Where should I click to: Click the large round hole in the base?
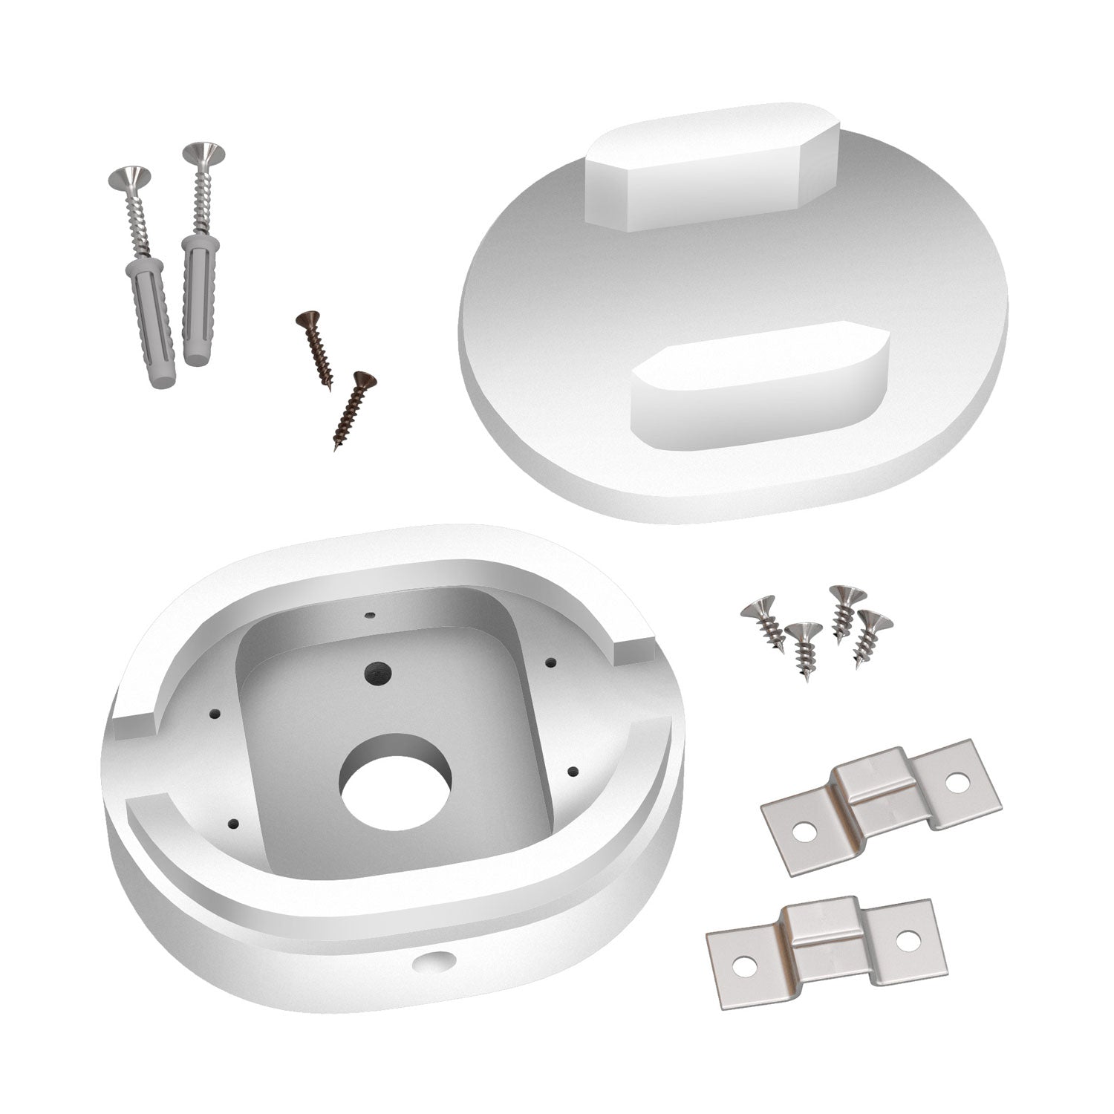coord(397,781)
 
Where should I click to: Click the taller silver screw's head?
coord(203,153)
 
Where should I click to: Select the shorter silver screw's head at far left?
coord(129,177)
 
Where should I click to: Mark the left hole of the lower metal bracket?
coord(743,965)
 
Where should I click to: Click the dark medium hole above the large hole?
coord(375,673)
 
